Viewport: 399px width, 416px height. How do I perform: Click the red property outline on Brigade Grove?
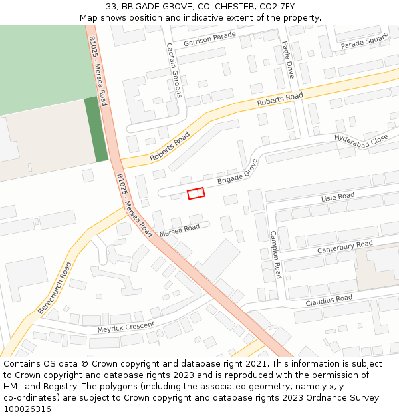(196, 193)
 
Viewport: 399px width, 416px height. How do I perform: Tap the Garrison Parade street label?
(209, 39)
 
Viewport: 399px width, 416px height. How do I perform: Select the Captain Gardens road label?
(174, 70)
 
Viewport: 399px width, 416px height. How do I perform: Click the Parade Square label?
(364, 40)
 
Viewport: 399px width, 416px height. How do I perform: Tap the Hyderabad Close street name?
(361, 140)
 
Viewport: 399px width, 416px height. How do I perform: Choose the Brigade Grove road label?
(237, 172)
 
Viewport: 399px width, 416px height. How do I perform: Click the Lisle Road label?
(338, 197)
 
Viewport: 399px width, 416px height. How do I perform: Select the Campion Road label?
(275, 254)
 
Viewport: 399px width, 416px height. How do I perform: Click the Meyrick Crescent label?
(126, 327)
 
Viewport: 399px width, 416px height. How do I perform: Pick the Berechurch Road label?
(55, 288)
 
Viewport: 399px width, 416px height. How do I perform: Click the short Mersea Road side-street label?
(179, 230)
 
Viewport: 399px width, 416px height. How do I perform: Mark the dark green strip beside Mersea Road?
(96, 129)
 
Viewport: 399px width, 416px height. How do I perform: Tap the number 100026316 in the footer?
(27, 409)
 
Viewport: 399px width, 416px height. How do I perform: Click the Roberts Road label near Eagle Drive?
(280, 100)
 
